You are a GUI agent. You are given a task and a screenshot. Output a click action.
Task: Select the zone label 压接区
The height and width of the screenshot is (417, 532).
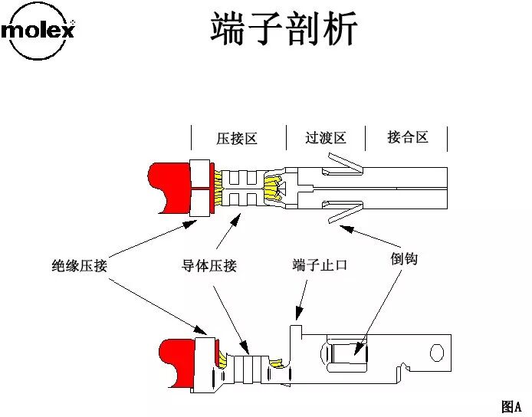click(x=236, y=139)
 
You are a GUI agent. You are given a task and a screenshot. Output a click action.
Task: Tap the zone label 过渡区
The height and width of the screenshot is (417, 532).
click(x=325, y=138)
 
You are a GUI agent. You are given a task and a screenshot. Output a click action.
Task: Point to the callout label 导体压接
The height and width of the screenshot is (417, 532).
click(x=209, y=266)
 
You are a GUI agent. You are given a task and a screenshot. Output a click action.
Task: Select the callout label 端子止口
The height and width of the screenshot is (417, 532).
click(x=320, y=265)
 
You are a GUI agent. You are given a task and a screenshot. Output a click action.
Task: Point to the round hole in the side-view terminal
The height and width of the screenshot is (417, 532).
click(x=436, y=353)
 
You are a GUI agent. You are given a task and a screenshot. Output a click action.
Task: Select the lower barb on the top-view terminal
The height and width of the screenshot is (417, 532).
click(x=340, y=211)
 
